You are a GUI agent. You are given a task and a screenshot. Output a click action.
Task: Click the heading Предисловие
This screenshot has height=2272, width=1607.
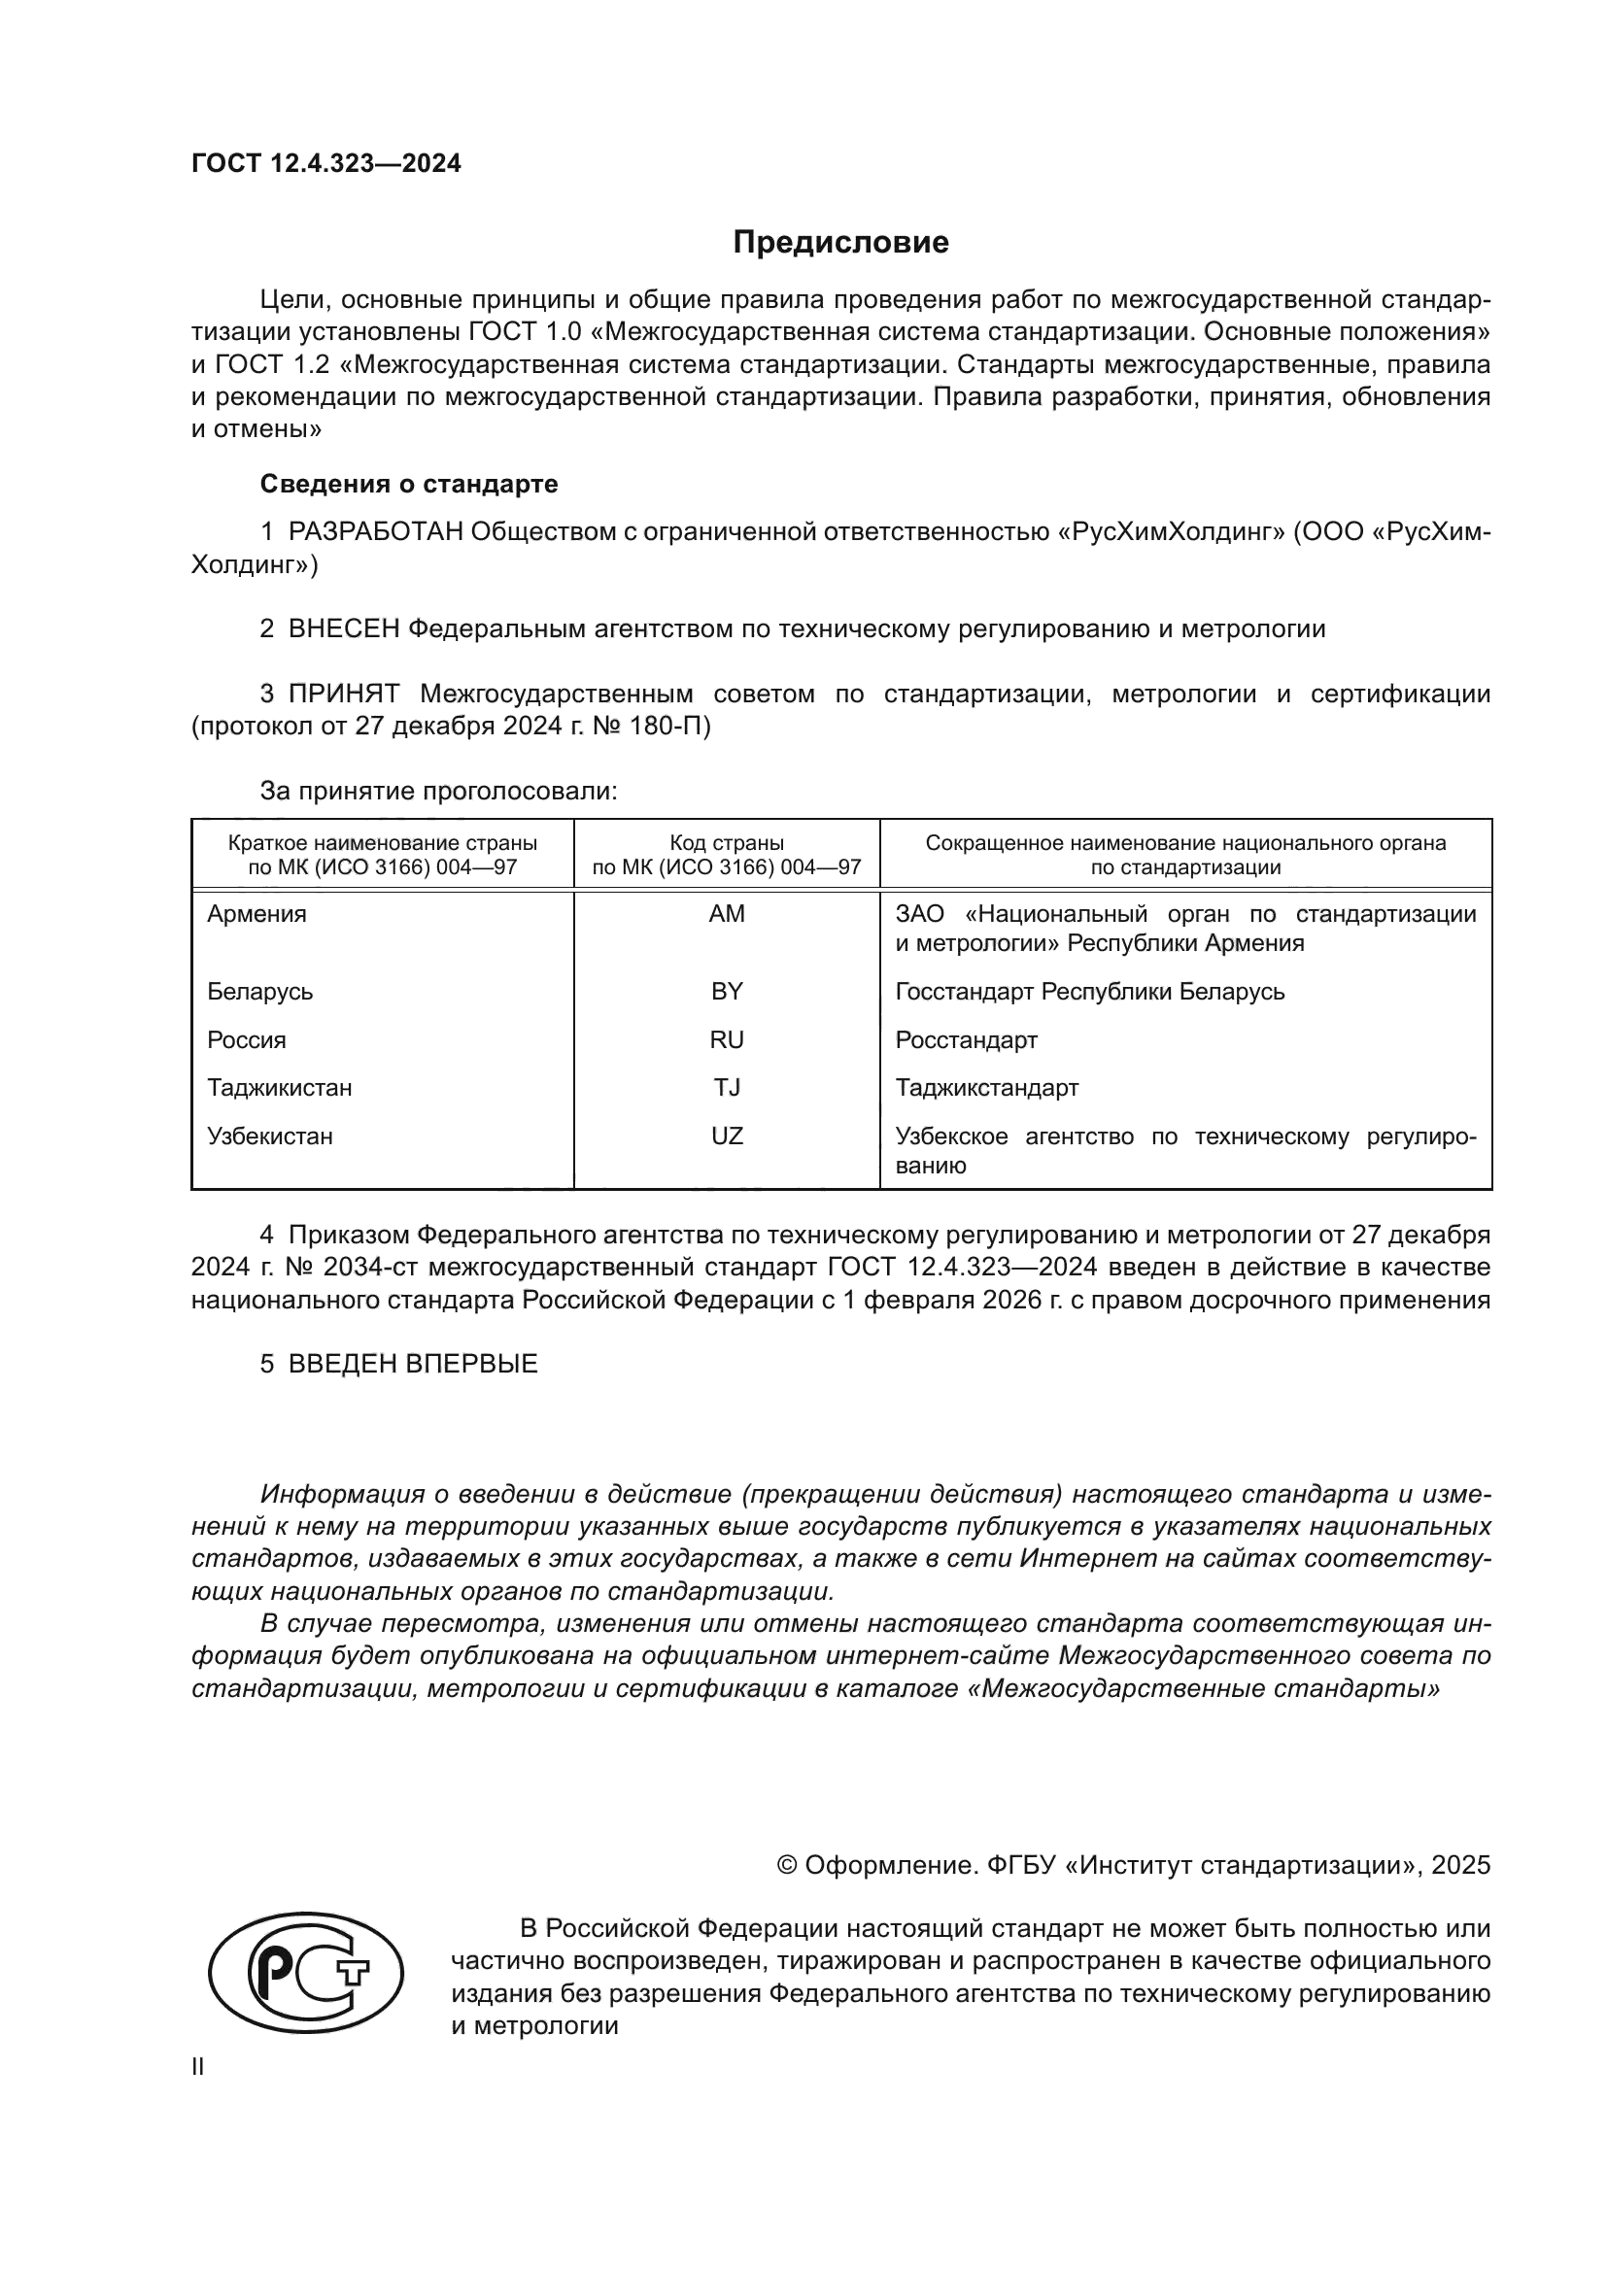pyautogui.click(x=840, y=243)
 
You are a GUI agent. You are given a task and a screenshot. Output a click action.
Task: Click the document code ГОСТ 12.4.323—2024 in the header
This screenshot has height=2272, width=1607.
pyautogui.click(x=325, y=164)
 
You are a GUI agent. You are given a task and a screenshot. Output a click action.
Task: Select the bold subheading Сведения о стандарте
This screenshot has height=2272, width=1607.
pyautogui.click(x=409, y=484)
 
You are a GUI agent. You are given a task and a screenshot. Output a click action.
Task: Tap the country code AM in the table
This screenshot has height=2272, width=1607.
pyautogui.click(x=727, y=914)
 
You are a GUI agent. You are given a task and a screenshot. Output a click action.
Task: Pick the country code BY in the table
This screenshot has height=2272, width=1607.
pyautogui.click(x=727, y=992)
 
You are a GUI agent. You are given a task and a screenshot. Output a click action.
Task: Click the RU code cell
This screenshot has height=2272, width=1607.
pyautogui.click(x=727, y=1040)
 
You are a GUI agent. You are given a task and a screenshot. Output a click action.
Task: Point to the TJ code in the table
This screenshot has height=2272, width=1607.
pyautogui.click(x=727, y=1088)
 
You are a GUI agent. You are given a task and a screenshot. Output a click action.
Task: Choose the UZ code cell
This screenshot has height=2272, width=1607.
pyautogui.click(x=727, y=1136)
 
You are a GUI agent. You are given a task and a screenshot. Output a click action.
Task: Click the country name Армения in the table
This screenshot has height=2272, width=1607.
pyautogui.click(x=256, y=914)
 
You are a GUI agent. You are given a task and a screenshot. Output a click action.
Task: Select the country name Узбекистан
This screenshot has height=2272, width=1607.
pyautogui.click(x=269, y=1136)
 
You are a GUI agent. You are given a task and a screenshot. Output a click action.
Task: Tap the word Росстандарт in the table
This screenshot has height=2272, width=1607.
pyautogui.click(x=966, y=1040)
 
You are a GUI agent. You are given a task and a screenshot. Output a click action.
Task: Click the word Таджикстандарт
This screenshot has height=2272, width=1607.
pyautogui.click(x=986, y=1088)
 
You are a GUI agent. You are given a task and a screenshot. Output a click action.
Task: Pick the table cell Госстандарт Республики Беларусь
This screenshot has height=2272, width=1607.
pyautogui.click(x=1089, y=992)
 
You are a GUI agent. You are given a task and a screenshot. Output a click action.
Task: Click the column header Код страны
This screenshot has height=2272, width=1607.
pyautogui.click(x=727, y=843)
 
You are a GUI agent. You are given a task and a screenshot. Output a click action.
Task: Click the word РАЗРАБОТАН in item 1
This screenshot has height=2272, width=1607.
pyautogui.click(x=375, y=532)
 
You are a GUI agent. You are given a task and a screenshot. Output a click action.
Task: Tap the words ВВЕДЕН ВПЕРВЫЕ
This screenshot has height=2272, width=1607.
pyautogui.click(x=413, y=1364)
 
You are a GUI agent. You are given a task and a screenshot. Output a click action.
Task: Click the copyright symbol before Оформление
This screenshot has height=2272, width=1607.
pyautogui.click(x=787, y=1865)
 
